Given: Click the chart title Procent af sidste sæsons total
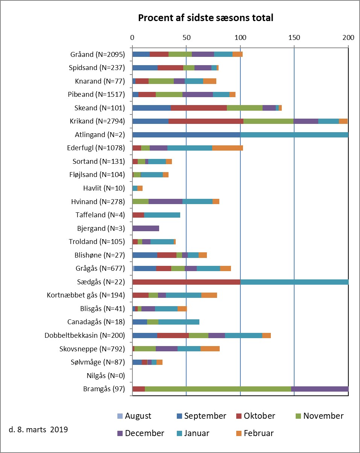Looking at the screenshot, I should click(x=205, y=18).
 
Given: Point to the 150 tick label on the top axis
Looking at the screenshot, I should click(x=294, y=37).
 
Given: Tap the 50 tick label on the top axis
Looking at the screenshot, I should click(x=186, y=37).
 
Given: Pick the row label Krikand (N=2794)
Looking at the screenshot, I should click(x=97, y=121).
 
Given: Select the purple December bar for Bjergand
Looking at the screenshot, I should click(x=146, y=228).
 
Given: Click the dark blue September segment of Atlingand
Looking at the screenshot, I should click(x=186, y=134).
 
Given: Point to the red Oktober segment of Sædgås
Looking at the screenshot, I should click(x=186, y=282).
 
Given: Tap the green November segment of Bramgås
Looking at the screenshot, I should click(x=218, y=389).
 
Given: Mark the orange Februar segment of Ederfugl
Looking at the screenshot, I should click(x=228, y=148).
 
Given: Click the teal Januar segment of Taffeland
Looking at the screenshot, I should click(x=162, y=215).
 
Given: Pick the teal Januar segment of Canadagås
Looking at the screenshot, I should click(x=179, y=322).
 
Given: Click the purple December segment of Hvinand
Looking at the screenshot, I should click(x=166, y=201).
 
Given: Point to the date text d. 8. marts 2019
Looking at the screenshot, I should click(x=38, y=429).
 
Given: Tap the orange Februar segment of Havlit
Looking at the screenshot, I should click(x=140, y=188).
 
